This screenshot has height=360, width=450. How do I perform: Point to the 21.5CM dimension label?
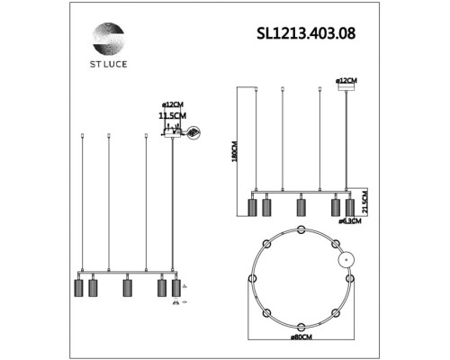click(364, 199)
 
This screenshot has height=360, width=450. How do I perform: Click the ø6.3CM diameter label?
click(350, 220)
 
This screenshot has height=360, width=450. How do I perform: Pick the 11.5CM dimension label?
click(171, 116)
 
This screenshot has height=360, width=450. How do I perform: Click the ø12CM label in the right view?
click(346, 80)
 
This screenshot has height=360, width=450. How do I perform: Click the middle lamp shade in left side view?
click(127, 288)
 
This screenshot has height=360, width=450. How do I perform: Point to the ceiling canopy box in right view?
click(346, 87)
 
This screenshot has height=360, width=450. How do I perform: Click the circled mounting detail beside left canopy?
click(193, 132)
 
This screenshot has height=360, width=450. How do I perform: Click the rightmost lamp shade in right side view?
click(349, 207)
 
